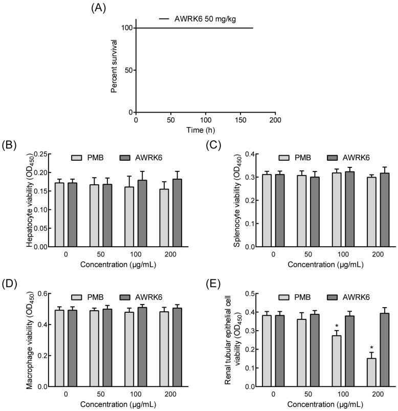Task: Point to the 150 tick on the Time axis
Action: point(240,120)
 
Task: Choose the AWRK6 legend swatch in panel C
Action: point(334,158)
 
